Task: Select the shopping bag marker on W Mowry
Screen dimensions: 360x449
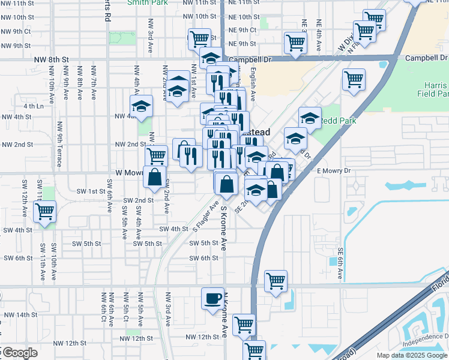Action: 154,176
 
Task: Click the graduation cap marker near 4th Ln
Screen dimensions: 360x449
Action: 142,106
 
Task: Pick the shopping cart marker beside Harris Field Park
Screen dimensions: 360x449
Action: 354,79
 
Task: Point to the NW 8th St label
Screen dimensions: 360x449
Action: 48,59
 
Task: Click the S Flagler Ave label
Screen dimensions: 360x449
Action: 204,217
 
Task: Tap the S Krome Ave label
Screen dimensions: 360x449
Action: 223,228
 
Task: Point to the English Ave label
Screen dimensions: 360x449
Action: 253,84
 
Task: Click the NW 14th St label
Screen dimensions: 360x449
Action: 19,314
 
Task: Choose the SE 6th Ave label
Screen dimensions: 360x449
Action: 340,263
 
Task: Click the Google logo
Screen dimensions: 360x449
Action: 19,353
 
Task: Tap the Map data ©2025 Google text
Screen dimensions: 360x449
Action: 412,355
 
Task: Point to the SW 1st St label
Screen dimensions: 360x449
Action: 91,191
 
